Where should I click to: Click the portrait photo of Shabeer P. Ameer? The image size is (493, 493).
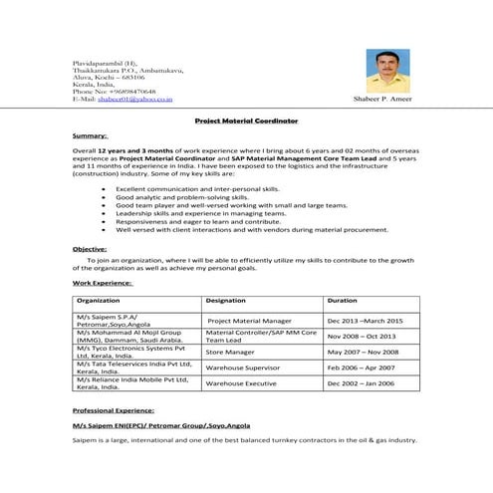(x=389, y=72)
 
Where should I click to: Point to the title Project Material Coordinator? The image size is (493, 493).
(x=245, y=120)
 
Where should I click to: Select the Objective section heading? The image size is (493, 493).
(x=94, y=248)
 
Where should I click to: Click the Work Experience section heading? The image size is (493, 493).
(x=104, y=283)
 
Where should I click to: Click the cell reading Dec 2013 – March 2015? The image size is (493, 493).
(x=365, y=321)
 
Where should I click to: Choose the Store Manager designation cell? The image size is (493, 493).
(x=230, y=352)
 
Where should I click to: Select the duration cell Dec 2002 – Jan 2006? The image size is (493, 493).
(x=361, y=383)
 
